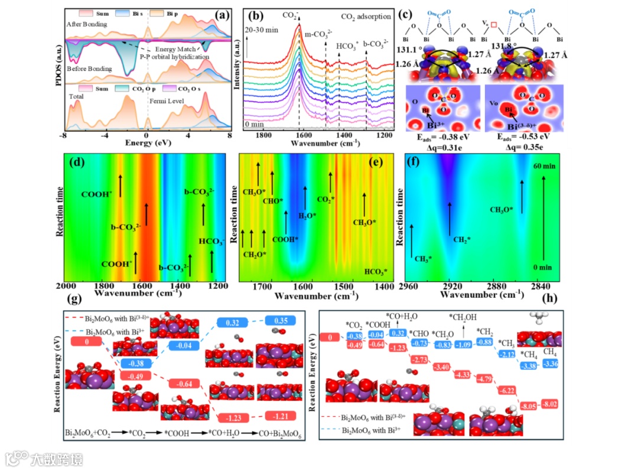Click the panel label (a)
(x=223, y=17)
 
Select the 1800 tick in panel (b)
(x=263, y=135)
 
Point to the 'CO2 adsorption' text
(x=376, y=24)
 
